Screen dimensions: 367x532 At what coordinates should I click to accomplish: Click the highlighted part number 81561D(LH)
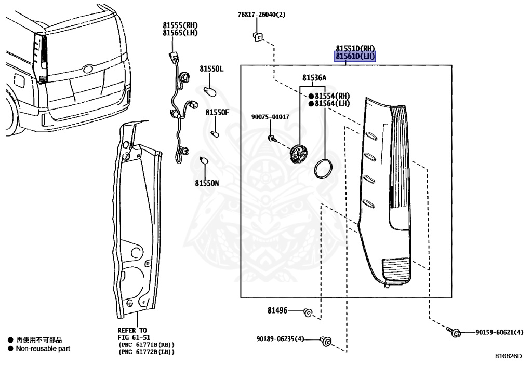tap(355, 56)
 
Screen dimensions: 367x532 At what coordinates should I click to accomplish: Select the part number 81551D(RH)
tap(355, 48)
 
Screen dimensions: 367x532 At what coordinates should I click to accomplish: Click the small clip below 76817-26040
tap(257, 36)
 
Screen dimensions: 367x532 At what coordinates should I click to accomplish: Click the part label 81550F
tap(217, 112)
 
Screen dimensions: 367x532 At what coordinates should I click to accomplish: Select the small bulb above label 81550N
tap(205, 161)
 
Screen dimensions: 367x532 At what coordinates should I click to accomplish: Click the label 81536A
tap(314, 78)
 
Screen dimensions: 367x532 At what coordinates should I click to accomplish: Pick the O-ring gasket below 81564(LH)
tap(324, 168)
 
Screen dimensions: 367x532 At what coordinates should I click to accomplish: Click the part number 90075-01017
tap(270, 117)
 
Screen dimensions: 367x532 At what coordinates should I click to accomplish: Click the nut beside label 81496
tap(308, 311)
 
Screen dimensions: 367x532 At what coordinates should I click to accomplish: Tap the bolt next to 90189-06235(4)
tap(327, 341)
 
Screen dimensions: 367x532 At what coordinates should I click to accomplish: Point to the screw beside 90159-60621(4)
tap(455, 332)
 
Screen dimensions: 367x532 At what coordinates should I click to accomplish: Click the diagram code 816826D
tap(508, 356)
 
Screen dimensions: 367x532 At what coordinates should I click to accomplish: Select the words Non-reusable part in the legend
tap(43, 349)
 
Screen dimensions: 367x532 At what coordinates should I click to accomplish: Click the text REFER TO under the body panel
tap(132, 330)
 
